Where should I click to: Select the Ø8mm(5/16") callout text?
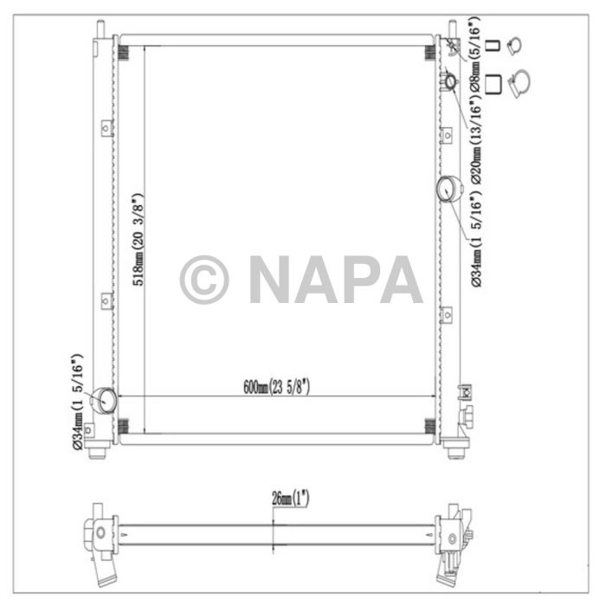point(475,55)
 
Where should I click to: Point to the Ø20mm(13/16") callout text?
point(475,139)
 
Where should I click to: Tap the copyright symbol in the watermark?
point(204,279)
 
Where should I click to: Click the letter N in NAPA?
point(273,279)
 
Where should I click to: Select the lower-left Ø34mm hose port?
point(106,400)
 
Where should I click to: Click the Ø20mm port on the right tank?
point(449,82)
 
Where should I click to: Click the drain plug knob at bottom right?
point(468,416)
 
